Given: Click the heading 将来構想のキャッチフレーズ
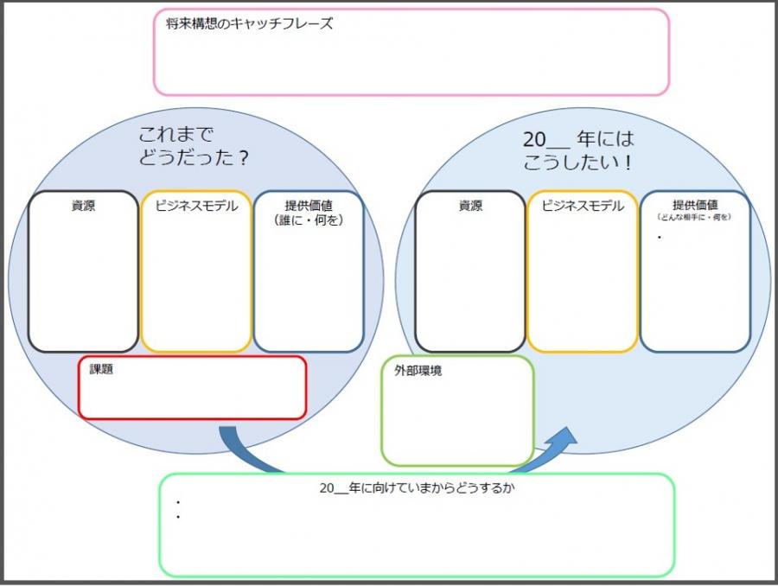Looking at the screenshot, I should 249,24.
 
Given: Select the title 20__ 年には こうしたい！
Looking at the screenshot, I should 578,149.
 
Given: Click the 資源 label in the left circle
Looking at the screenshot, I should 83,207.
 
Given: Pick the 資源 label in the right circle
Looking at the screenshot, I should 470,207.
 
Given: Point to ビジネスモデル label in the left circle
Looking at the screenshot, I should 196,206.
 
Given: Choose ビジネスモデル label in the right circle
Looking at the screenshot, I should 583,206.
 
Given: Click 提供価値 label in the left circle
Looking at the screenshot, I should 309,206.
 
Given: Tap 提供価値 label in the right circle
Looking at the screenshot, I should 695,206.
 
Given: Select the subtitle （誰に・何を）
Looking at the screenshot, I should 309,220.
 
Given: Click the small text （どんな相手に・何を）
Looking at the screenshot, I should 695,217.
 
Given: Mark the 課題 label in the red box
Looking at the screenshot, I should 101,369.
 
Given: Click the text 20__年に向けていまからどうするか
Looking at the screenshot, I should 411,487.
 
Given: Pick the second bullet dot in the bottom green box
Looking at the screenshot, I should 177,518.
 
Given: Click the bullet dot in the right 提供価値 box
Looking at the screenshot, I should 659,236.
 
